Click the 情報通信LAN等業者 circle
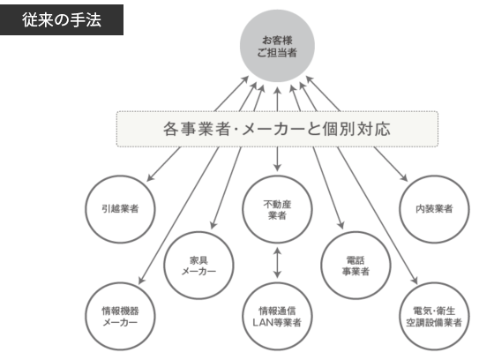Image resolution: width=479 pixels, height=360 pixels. click(278, 315)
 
